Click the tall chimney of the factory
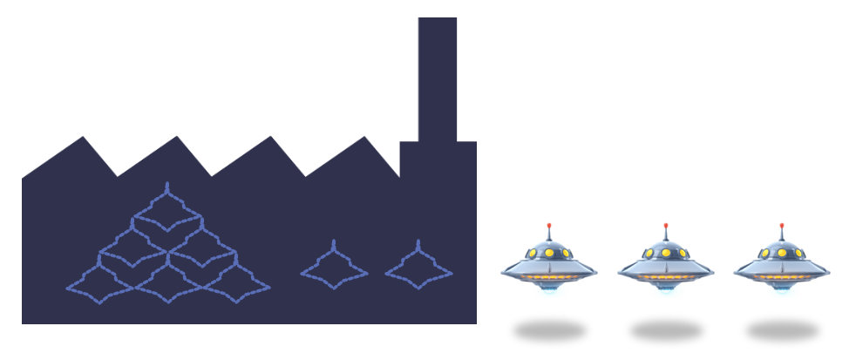coord(438,78)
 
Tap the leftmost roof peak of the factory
coord(84,139)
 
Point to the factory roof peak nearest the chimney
coord(365,140)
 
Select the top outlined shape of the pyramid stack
coord(166,208)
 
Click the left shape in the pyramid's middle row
coord(132,247)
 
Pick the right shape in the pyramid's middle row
coord(201,247)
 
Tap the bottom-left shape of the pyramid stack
coord(99,283)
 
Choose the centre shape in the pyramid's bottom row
coord(167,283)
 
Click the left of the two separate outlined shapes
coord(334,266)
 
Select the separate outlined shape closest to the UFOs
coord(418,266)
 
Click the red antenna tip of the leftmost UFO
coord(549,226)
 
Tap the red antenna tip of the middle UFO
coord(666,226)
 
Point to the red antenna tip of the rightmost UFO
coord(781,226)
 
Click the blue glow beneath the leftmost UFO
coord(549,290)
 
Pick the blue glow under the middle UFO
coord(666,290)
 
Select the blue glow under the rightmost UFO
coord(781,290)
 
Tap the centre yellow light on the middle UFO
coord(666,253)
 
